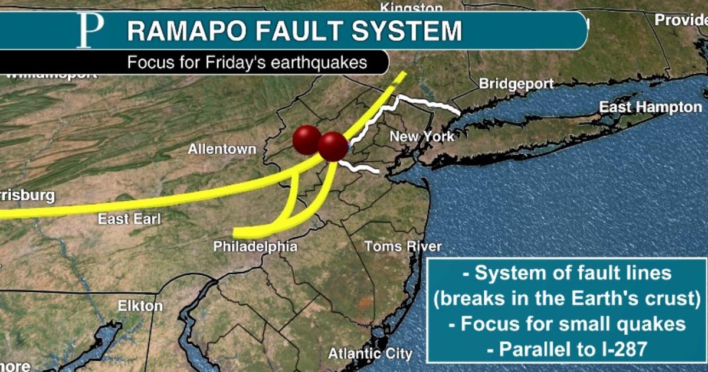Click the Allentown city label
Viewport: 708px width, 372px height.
pyautogui.click(x=222, y=149)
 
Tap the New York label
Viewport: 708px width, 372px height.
pyautogui.click(x=422, y=137)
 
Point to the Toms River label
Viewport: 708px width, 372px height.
pyautogui.click(x=402, y=246)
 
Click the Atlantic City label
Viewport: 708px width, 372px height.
pyautogui.click(x=370, y=354)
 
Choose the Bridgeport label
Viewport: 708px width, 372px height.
pyautogui.click(x=516, y=84)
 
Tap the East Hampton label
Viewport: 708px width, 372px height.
pyautogui.click(x=651, y=107)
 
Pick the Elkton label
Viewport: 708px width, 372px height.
pyautogui.click(x=140, y=306)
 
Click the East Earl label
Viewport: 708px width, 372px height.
pyautogui.click(x=129, y=219)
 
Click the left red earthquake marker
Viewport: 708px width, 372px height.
pyautogui.click(x=306, y=140)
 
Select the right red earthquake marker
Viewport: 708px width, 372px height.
pyautogui.click(x=333, y=146)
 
